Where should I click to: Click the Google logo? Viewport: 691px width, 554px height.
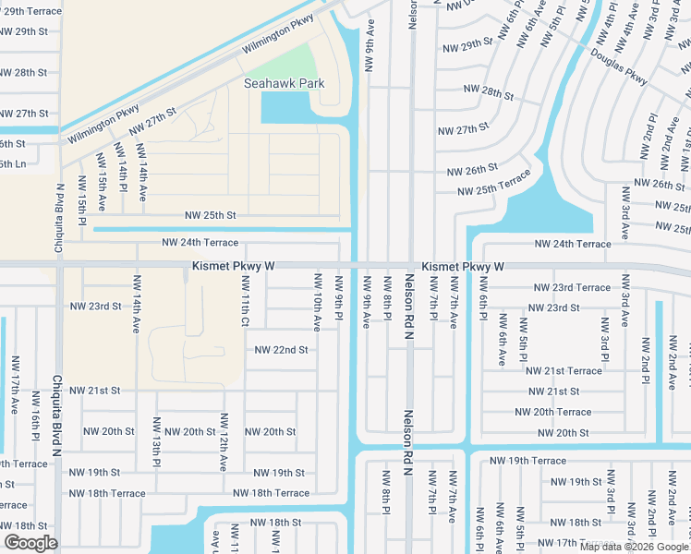click(30, 543)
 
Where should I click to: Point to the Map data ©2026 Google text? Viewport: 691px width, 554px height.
click(634, 547)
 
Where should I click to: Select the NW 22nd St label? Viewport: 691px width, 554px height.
click(281, 350)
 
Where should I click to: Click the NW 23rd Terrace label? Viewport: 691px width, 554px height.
click(568, 287)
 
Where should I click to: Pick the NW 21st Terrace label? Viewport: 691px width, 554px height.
click(564, 370)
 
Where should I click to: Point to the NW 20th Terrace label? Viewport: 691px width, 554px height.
click(553, 412)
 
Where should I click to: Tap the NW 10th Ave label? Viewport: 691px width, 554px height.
click(317, 302)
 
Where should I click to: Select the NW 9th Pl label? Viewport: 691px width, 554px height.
click(339, 300)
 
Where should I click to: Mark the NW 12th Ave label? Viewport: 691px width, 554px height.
click(224, 443)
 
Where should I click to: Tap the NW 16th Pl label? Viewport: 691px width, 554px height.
click(37, 427)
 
